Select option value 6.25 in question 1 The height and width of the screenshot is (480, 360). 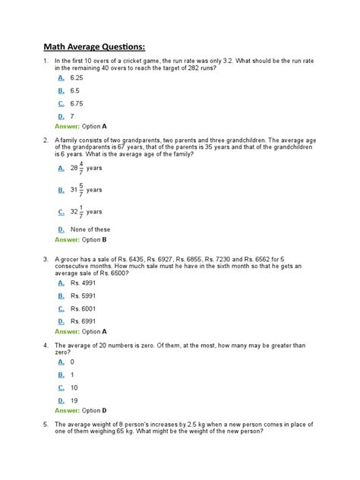(76, 77)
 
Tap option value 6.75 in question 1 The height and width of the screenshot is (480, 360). (76, 103)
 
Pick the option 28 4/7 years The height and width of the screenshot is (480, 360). (86, 168)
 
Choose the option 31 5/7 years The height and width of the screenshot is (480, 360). (86, 190)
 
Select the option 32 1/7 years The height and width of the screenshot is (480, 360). (86, 212)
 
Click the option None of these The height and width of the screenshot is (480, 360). (90, 229)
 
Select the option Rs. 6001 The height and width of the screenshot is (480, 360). (84, 308)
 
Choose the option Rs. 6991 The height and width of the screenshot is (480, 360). (84, 321)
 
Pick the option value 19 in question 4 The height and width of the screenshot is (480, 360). (74, 400)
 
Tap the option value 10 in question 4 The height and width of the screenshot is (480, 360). (74, 387)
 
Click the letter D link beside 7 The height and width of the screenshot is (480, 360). (60, 115)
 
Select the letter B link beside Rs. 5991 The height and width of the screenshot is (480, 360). (60, 296)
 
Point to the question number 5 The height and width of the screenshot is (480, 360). (46, 425)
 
